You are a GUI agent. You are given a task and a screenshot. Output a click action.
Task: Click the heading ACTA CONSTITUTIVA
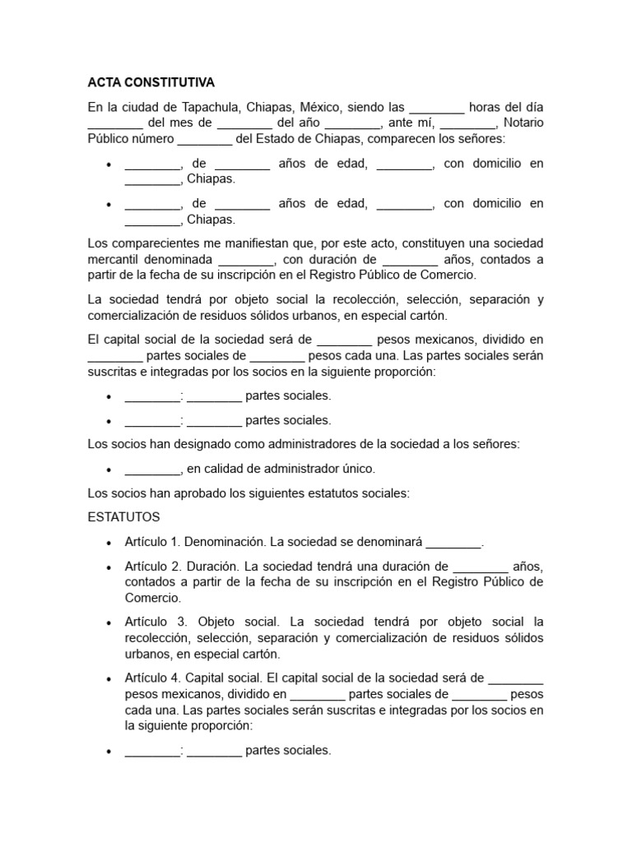coord(151,83)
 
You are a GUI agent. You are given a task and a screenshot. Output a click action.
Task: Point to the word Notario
coord(523,123)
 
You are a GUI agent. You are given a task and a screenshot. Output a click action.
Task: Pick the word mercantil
coord(112,260)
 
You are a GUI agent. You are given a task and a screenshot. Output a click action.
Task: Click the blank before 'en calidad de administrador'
coord(152,470)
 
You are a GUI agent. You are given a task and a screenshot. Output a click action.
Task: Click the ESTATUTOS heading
coord(123,517)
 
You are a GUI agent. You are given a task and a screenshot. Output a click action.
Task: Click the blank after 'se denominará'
coord(453,544)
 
